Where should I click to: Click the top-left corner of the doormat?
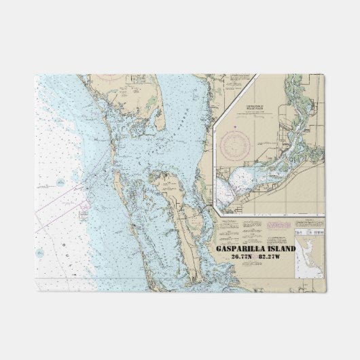tap(36, 75)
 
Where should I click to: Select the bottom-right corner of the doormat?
tap(325, 291)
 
